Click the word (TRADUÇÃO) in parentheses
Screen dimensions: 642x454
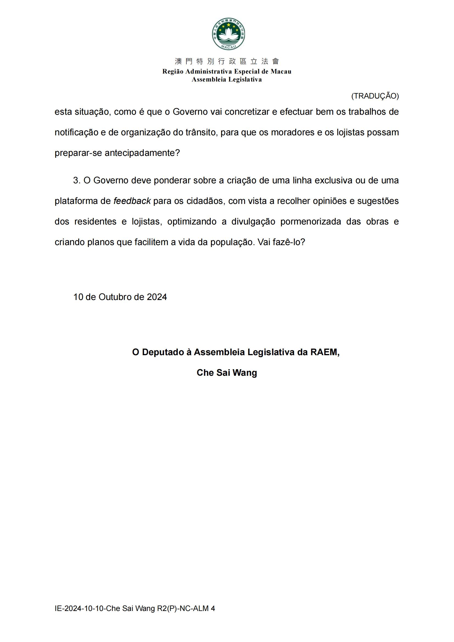click(375, 96)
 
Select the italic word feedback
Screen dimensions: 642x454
click(132, 201)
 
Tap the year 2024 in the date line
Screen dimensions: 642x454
click(157, 297)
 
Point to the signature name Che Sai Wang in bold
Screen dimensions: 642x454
click(227, 372)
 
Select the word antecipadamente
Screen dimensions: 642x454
click(142, 153)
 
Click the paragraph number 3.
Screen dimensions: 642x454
click(77, 180)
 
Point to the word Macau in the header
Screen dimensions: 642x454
click(281, 71)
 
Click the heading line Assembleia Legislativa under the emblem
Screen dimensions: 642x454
click(227, 79)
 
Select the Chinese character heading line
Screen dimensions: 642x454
click(227, 61)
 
